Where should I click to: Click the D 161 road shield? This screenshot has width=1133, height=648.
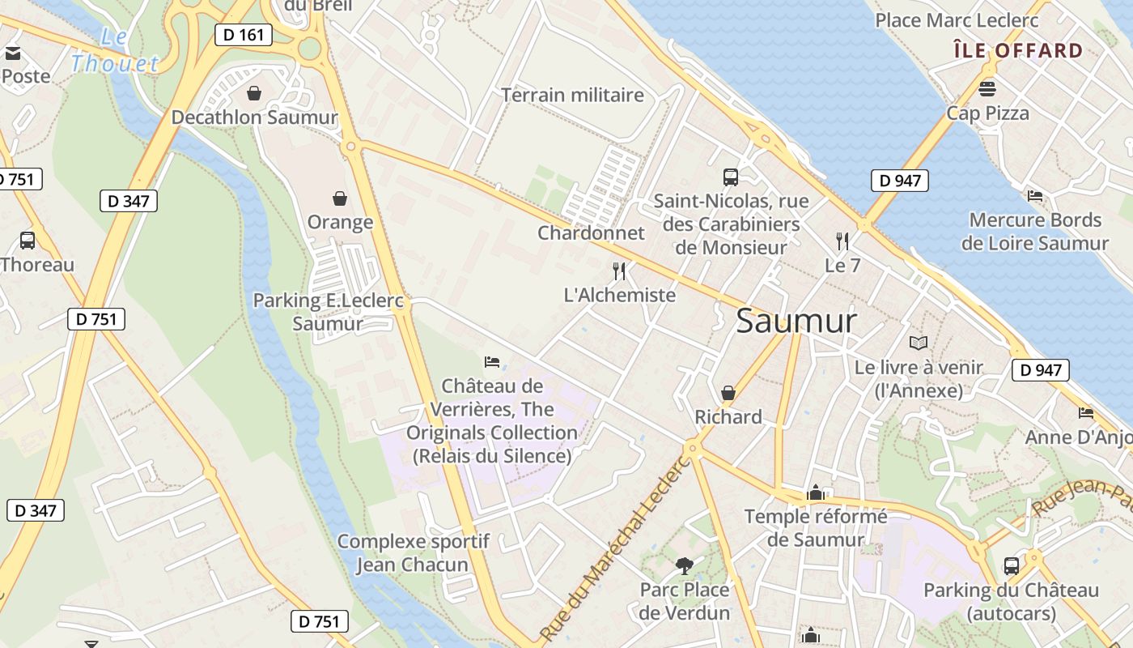243,35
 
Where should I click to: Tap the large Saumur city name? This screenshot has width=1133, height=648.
796,322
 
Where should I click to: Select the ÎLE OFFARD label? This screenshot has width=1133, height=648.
1018,51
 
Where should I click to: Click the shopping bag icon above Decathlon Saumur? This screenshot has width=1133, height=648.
254,93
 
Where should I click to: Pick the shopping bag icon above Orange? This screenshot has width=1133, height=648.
340,198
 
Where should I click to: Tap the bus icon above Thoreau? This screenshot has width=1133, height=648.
28,241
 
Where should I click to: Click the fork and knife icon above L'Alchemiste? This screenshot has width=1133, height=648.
619,271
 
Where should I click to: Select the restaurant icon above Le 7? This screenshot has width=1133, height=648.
842,241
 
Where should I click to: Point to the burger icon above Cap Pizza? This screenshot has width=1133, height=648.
987,88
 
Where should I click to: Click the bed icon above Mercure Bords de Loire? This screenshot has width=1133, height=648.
1034,195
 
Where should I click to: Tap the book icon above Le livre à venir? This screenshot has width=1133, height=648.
918,343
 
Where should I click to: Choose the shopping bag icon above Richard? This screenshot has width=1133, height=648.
728,393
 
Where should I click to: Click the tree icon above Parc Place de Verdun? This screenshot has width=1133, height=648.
684,565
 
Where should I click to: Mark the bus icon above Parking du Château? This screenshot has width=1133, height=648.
1011,565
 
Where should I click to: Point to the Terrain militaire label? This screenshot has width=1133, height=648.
573,95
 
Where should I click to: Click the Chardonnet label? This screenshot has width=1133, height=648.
592,233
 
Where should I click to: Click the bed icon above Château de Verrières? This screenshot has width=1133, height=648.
491,361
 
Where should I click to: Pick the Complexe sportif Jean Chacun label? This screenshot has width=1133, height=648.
413,553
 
